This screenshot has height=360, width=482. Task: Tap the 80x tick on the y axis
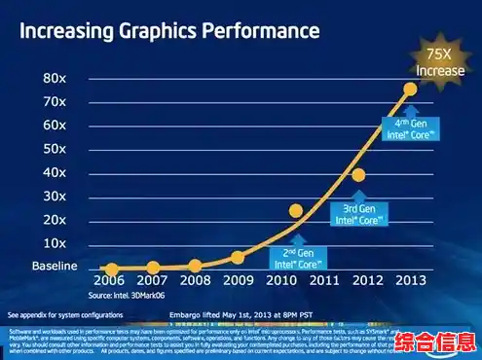click(x=55, y=79)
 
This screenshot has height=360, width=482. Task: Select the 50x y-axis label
click(x=55, y=149)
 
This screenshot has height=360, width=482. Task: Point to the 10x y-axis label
click(x=55, y=243)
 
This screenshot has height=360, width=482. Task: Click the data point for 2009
click(x=238, y=258)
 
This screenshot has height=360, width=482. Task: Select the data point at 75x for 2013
click(x=410, y=90)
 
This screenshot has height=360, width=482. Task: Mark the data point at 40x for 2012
click(x=358, y=175)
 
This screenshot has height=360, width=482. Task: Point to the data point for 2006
click(x=112, y=270)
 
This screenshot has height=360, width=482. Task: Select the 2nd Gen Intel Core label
click(x=296, y=258)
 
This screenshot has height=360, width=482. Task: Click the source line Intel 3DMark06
click(x=127, y=296)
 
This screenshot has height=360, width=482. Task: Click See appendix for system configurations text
click(x=65, y=315)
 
